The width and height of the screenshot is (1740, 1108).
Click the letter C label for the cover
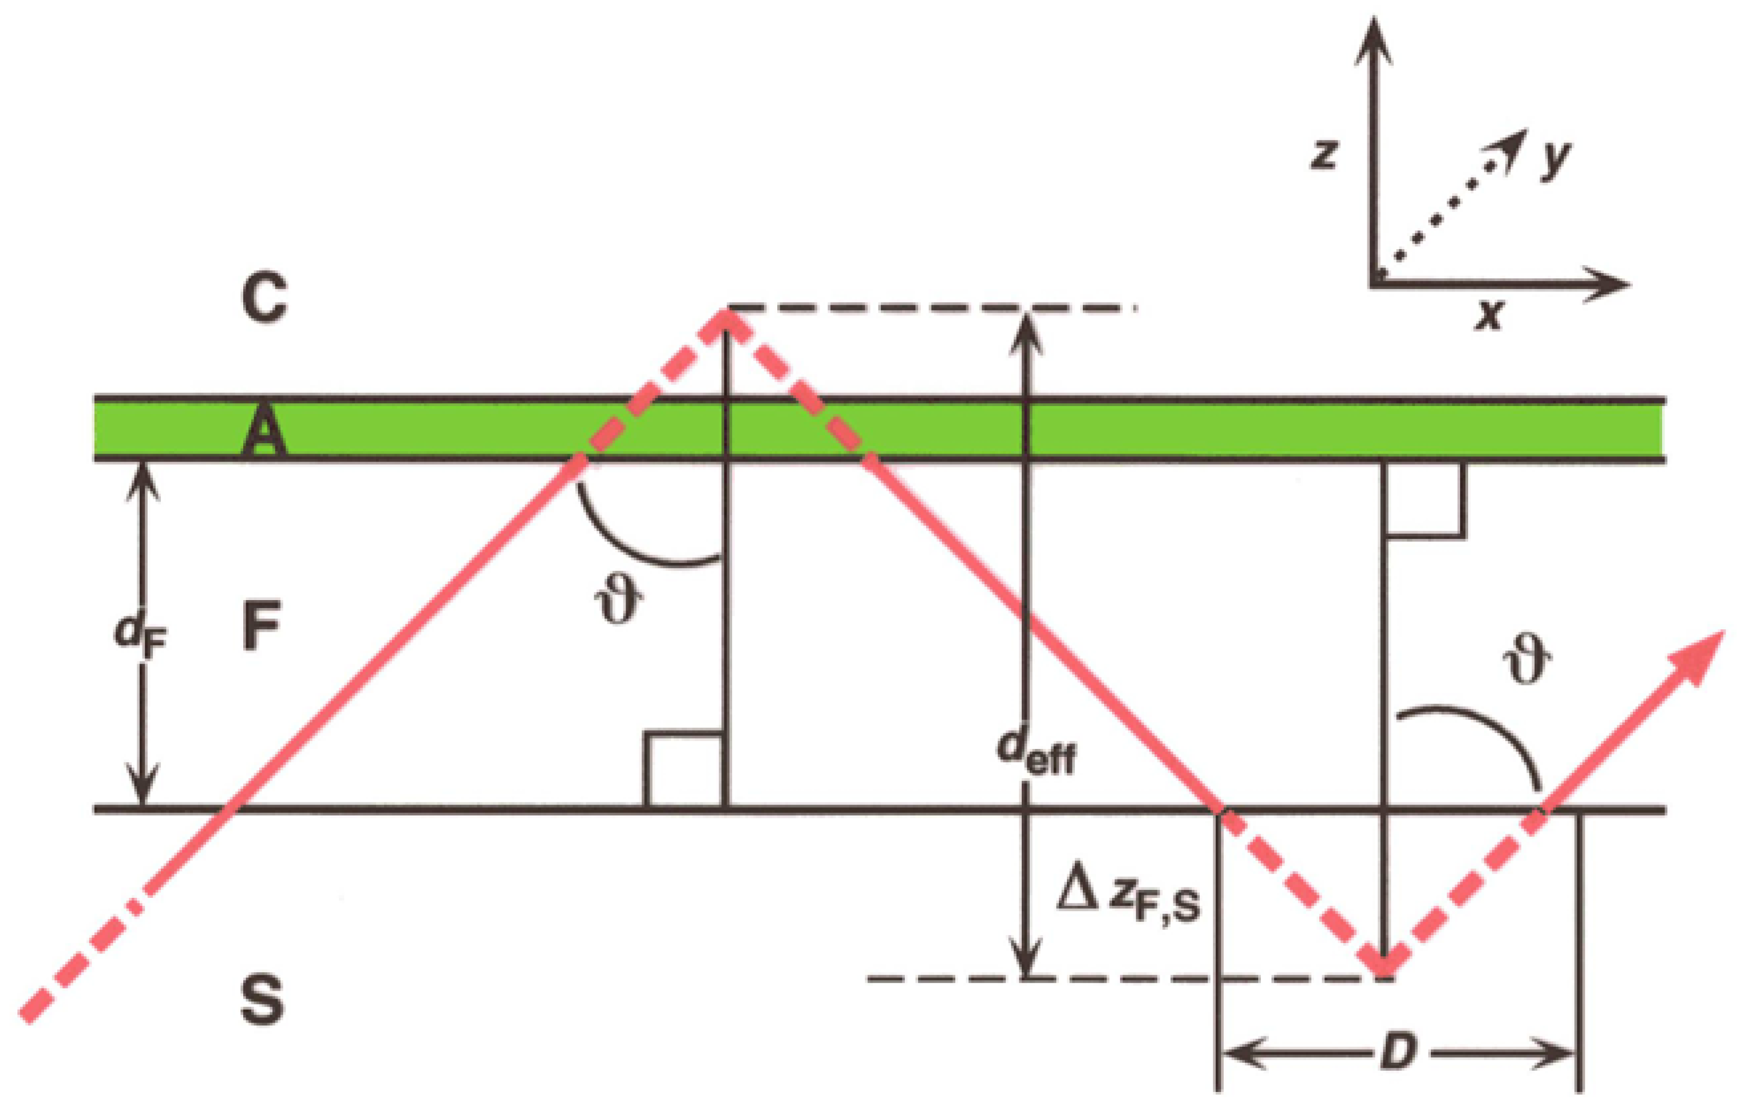coord(264,298)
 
